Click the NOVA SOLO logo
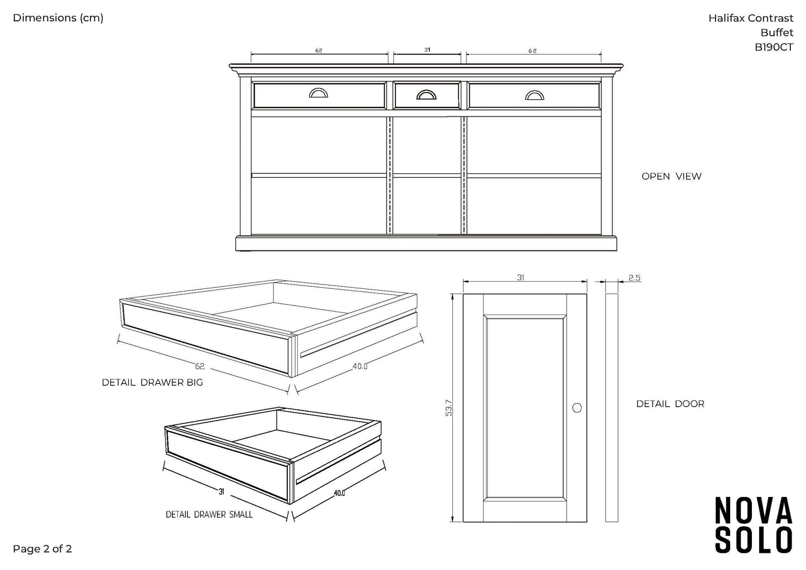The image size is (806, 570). [x=754, y=525]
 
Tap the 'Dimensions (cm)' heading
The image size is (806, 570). [x=58, y=18]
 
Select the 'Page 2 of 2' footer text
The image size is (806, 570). [x=42, y=549]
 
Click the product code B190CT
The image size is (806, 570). [x=774, y=47]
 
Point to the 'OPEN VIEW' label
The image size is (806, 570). [x=671, y=176]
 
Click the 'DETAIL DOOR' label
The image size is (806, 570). [x=670, y=404]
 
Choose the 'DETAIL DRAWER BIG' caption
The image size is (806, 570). [x=152, y=383]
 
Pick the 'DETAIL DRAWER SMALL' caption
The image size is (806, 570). [x=209, y=514]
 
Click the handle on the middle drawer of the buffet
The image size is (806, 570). [x=427, y=95]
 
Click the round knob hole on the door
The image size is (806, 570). [x=577, y=408]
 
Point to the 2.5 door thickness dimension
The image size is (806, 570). [x=634, y=278]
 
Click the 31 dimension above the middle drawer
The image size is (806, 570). [x=427, y=50]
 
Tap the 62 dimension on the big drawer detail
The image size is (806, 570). [x=200, y=366]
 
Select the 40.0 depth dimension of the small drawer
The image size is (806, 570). [x=339, y=493]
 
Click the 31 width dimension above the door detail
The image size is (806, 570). [x=520, y=278]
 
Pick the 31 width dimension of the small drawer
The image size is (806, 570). [x=221, y=491]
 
